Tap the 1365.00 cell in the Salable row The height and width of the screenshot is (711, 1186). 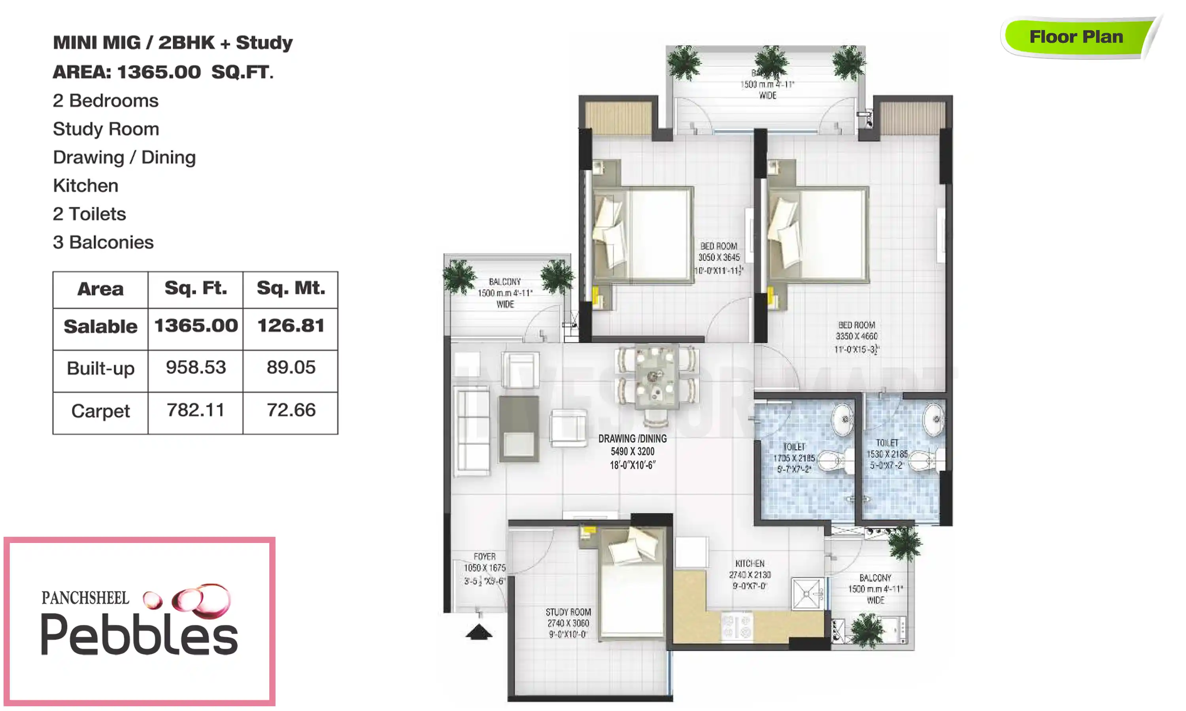tap(196, 326)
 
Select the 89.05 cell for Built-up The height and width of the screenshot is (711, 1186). tap(291, 367)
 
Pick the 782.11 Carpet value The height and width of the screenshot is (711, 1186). tap(196, 410)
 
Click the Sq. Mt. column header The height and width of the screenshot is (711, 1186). tap(291, 288)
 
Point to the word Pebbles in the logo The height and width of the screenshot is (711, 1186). tap(139, 635)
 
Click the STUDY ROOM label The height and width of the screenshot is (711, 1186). tap(568, 623)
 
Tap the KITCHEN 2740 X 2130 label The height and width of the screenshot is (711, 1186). tap(750, 574)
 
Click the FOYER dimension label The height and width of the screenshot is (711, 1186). tap(484, 569)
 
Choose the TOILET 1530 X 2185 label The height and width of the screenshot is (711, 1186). tap(886, 454)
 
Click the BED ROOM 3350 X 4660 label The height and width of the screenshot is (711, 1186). tap(856, 337)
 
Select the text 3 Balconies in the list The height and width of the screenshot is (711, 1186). tap(103, 243)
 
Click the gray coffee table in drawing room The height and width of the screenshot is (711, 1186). tap(519, 429)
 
